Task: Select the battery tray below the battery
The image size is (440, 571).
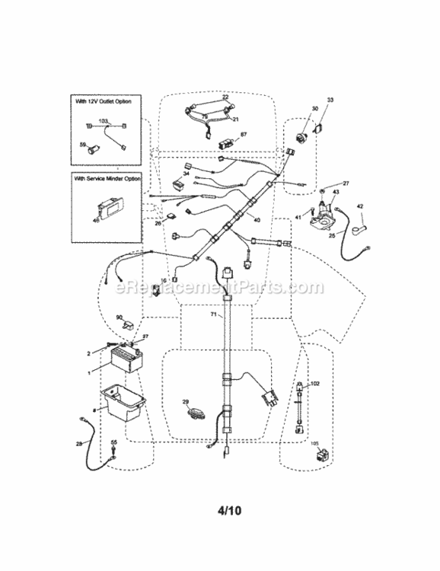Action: (x=122, y=401)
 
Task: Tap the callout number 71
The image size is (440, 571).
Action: (x=213, y=314)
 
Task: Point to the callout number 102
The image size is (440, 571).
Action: (x=316, y=384)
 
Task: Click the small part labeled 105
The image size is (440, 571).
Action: (x=320, y=458)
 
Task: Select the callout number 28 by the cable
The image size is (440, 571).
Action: (x=79, y=443)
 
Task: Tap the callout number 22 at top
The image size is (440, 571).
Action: (x=225, y=97)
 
